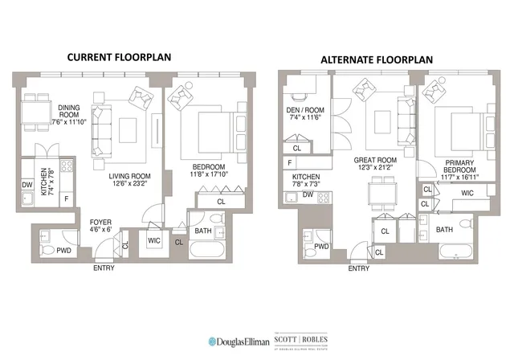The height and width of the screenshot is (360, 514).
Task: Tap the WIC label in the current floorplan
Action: [154, 238]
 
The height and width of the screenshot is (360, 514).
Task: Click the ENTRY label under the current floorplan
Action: [103, 268]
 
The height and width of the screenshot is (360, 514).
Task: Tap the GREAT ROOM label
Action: [375, 160]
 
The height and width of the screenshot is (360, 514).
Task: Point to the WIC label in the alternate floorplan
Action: [467, 193]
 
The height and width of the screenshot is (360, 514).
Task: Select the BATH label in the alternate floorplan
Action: [444, 230]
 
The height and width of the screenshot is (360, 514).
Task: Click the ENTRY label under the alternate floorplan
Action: [359, 268]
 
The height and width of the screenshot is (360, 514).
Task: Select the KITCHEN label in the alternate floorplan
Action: [306, 176]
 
